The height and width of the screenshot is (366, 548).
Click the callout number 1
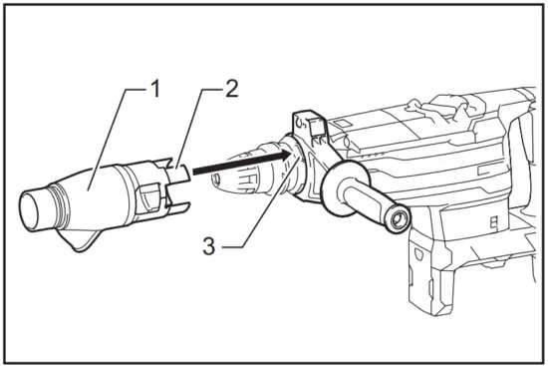coord(154,88)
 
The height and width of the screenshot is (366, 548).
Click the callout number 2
coord(231,88)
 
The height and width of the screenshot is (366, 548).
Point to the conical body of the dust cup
coord(90,194)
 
